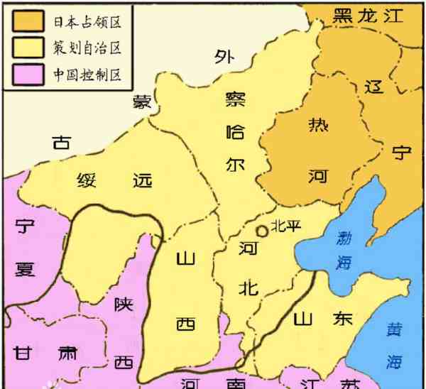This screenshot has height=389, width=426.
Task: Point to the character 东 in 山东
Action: pyautogui.click(x=342, y=317)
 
